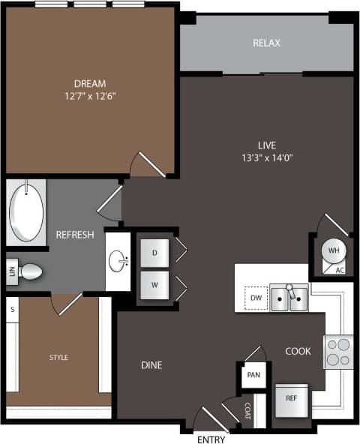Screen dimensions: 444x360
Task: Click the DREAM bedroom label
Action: pos(89,83)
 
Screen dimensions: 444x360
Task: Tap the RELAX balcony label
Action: pos(266,43)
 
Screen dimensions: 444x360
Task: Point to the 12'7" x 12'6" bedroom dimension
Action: pos(89,96)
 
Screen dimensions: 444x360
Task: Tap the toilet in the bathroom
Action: pos(30,271)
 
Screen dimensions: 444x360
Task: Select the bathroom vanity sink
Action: pos(118,262)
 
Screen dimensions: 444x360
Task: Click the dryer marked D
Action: pos(154,253)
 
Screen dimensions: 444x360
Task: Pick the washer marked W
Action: pos(154,285)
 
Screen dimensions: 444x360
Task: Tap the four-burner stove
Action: pos(338,352)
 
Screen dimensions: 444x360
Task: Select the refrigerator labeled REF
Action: pos(292,399)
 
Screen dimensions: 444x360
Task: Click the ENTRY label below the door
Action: pos(211,439)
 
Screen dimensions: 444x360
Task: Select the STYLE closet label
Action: pos(58,358)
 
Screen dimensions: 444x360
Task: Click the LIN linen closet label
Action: pos(12,271)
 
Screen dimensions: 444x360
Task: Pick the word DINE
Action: pos(151,365)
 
